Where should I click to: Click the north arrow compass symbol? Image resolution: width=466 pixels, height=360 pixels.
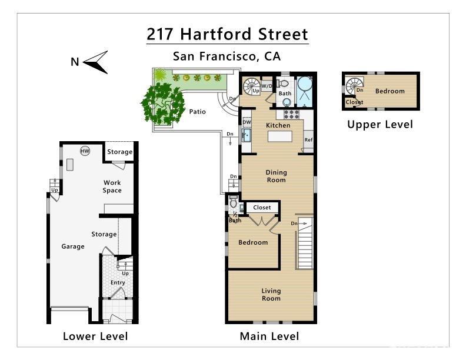pyautogui.click(x=94, y=62)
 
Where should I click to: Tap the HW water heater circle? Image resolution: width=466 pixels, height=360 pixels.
pyautogui.click(x=85, y=151)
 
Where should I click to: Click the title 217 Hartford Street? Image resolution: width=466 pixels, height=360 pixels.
pyautogui.click(x=227, y=34)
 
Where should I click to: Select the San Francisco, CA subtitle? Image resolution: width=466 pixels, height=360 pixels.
pyautogui.click(x=227, y=56)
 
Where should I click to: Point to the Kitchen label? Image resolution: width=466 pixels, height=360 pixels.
pyautogui.click(x=278, y=125)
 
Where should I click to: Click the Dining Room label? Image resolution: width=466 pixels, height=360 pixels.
pyautogui.click(x=276, y=176)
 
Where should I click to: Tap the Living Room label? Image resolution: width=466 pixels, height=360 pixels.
pyautogui.click(x=271, y=294)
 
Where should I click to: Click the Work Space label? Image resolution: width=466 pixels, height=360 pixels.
pyautogui.click(x=112, y=186)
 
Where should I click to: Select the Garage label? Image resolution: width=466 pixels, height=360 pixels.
pyautogui.click(x=73, y=246)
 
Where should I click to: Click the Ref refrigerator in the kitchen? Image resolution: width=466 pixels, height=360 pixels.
pyautogui.click(x=308, y=140)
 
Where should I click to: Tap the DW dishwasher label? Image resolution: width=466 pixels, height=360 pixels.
pyautogui.click(x=247, y=122)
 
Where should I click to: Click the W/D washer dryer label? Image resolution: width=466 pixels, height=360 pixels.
pyautogui.click(x=267, y=86)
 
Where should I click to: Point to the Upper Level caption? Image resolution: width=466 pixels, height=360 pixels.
pyautogui.click(x=380, y=124)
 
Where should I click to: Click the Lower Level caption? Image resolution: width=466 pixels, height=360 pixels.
pyautogui.click(x=95, y=336)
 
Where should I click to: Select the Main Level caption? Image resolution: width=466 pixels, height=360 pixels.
pyautogui.click(x=269, y=336)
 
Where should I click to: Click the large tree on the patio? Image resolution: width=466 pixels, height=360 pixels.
pyautogui.click(x=161, y=103)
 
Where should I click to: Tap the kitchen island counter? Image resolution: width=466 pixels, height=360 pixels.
pyautogui.click(x=280, y=137)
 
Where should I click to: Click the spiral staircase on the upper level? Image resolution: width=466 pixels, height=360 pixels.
pyautogui.click(x=354, y=86)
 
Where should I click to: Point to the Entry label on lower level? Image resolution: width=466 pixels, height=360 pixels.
pyautogui.click(x=118, y=282)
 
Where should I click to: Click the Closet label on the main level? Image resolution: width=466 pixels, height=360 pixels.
pyautogui.click(x=262, y=207)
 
